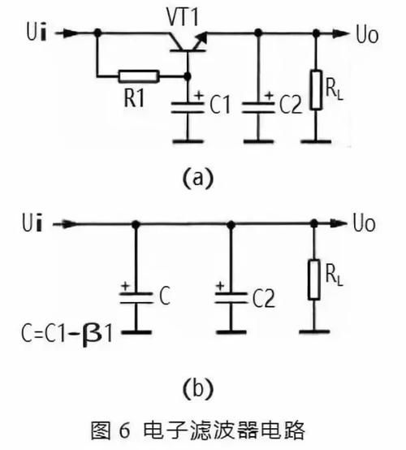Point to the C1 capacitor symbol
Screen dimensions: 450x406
[x=188, y=106]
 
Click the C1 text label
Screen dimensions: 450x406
[x=217, y=106]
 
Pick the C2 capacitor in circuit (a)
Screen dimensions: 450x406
[x=258, y=106]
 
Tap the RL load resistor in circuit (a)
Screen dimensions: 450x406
[x=317, y=88]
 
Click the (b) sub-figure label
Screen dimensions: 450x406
[x=200, y=390]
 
